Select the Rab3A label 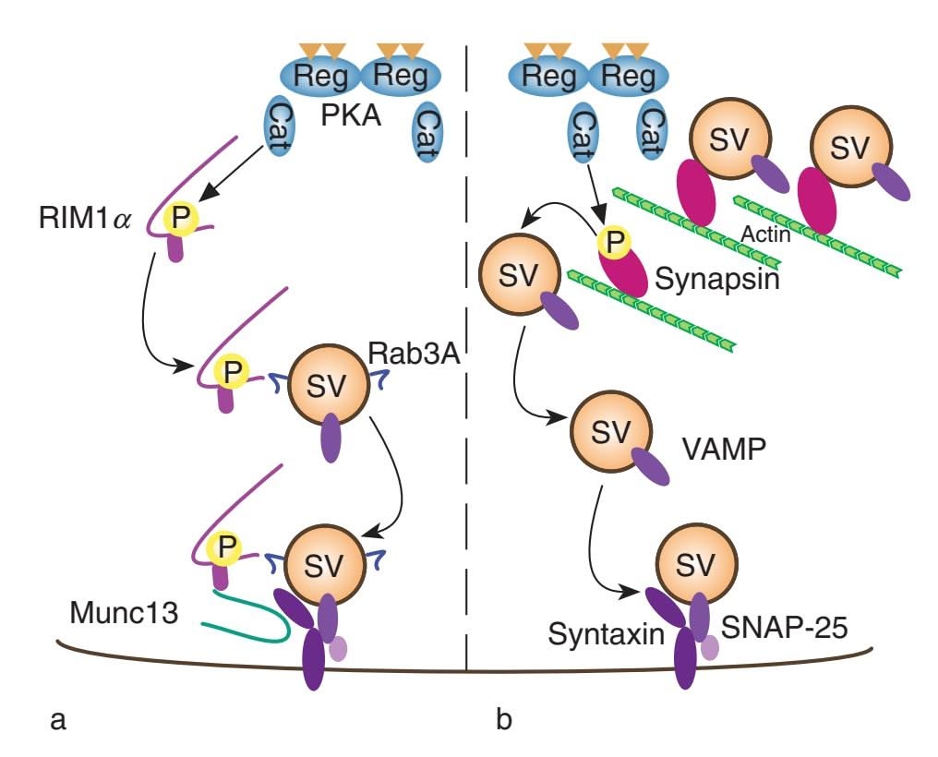413,354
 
